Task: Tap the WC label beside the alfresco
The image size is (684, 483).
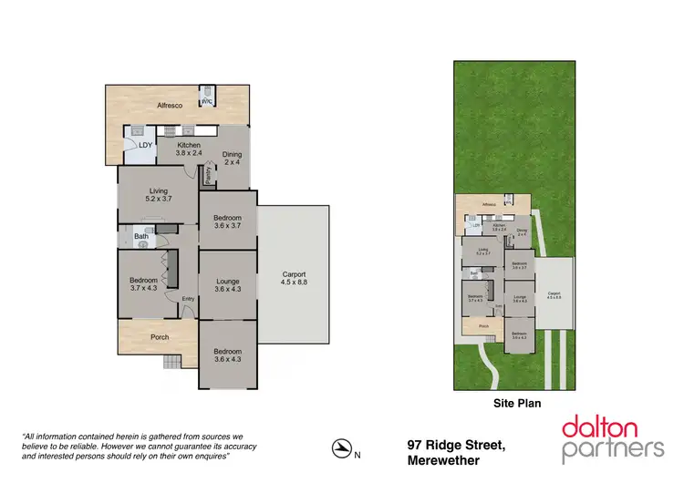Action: tap(208, 101)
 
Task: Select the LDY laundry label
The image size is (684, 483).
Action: tap(145, 145)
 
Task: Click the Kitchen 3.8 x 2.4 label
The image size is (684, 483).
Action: tap(189, 149)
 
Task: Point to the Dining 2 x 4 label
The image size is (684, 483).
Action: tap(232, 159)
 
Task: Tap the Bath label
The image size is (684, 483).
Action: tap(141, 237)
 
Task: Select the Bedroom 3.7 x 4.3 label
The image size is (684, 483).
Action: tap(144, 284)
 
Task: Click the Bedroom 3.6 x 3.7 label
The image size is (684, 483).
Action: tap(228, 222)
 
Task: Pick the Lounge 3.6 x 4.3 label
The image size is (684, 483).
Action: tap(228, 285)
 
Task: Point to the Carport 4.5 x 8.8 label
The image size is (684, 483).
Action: tap(294, 278)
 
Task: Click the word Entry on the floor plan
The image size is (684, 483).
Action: tap(188, 299)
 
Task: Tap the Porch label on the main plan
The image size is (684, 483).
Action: tap(159, 337)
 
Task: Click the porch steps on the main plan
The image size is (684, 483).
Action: tap(173, 363)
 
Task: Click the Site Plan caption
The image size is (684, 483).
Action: tap(513, 398)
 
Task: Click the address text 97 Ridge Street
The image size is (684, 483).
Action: tap(455, 445)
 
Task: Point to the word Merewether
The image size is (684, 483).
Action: tap(444, 460)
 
